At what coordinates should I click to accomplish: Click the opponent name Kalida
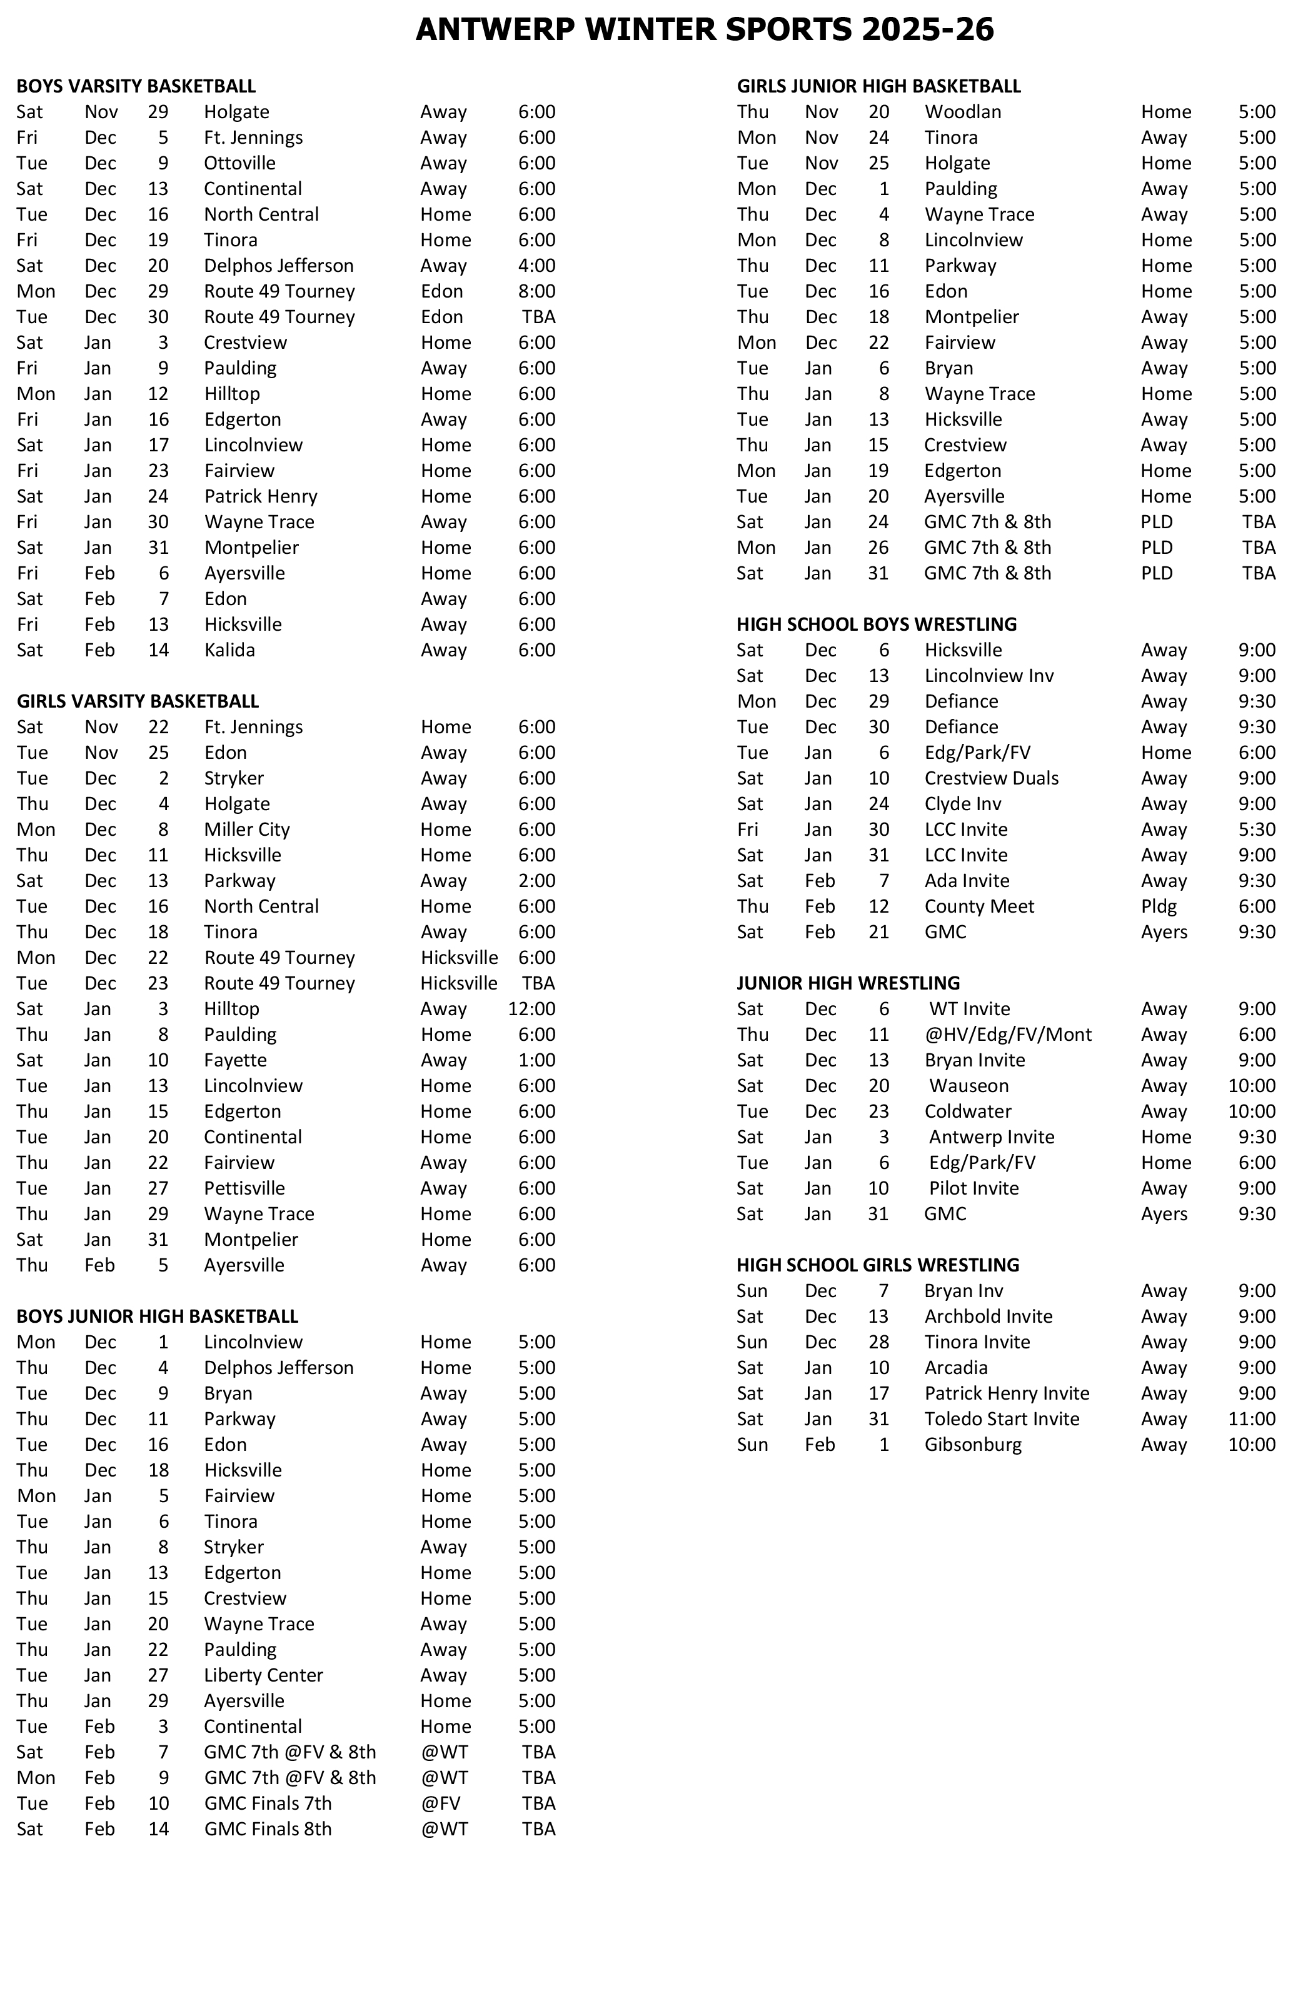point(229,650)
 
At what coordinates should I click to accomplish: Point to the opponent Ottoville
point(239,163)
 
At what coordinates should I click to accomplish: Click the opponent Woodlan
point(962,112)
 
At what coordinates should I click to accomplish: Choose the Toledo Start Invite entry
point(1001,1418)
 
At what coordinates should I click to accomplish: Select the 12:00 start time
point(531,1009)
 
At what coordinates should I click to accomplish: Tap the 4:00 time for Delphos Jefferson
point(536,266)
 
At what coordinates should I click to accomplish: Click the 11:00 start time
point(1252,1418)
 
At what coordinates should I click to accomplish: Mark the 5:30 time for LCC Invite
point(1257,829)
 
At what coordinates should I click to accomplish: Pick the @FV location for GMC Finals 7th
point(441,1803)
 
